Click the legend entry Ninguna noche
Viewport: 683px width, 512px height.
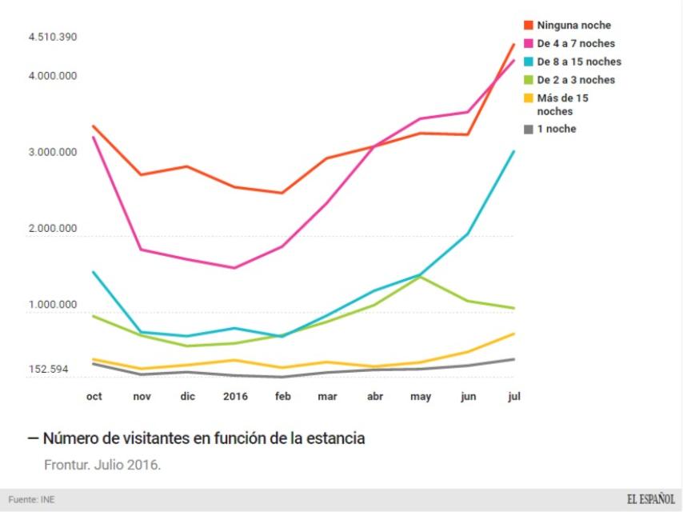point(573,26)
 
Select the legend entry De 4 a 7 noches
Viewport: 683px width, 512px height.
point(576,43)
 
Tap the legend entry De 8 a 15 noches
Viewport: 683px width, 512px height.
point(578,62)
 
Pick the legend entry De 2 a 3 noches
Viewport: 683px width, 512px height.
point(576,80)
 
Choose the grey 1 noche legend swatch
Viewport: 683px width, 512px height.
point(528,129)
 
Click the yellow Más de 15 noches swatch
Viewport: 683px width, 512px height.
point(528,98)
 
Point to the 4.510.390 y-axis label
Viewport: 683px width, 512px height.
point(52,38)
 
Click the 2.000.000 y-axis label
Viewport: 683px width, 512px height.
point(52,229)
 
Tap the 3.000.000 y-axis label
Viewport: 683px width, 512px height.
point(52,153)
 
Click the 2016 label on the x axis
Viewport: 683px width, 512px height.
point(235,397)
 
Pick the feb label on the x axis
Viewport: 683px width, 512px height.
point(282,397)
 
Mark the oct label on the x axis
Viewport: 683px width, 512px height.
point(94,397)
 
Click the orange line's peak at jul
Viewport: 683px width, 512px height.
point(513,44)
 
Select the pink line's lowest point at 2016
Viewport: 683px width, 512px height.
point(234,268)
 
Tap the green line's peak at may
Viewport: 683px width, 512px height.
point(421,276)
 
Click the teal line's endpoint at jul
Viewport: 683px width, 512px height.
point(513,151)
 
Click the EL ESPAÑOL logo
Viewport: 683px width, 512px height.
point(649,499)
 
